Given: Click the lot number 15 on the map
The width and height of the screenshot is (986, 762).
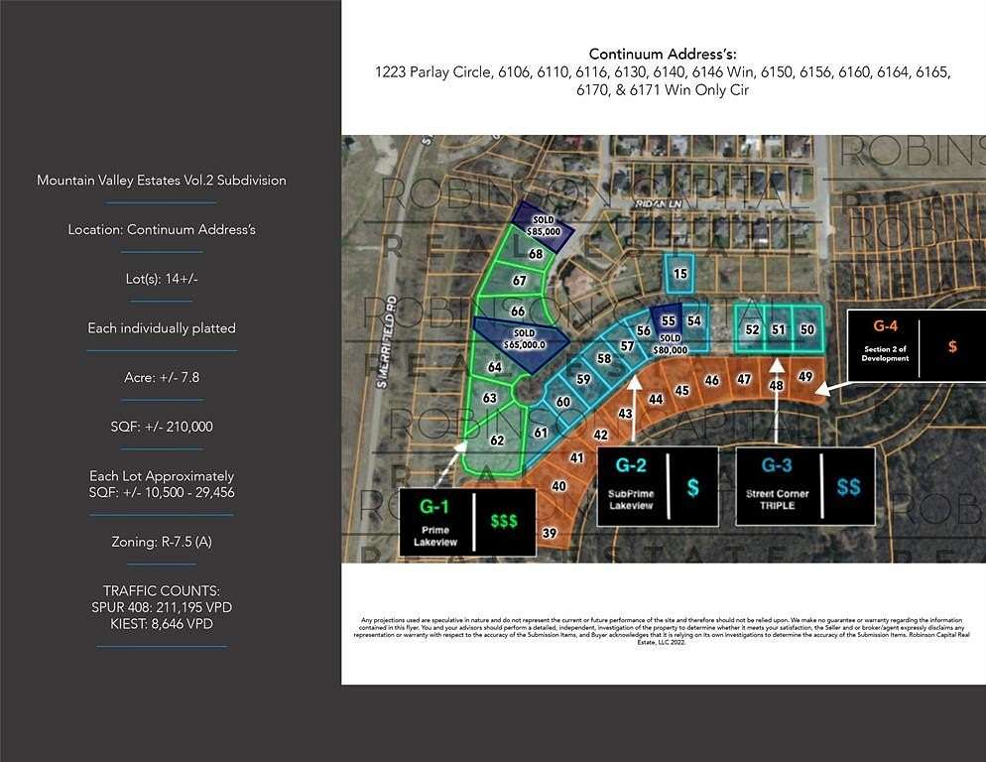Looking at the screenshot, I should (679, 274).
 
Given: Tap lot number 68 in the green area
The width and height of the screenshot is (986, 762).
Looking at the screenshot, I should (536, 255).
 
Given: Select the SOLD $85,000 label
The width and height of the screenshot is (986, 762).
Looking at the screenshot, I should (544, 225).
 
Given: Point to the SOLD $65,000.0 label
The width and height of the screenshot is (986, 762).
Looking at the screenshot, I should (524, 339).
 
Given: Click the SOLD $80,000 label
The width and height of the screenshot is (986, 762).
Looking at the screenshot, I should (672, 343).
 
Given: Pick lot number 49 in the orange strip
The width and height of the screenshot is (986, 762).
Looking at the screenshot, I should (805, 376).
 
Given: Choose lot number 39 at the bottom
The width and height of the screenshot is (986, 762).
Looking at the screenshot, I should (549, 533).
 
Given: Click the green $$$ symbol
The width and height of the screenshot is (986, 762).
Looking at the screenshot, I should (503, 521).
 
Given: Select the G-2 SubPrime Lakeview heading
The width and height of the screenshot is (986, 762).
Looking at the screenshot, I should (632, 465).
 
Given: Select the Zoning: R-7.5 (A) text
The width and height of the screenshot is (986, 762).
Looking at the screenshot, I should (162, 542).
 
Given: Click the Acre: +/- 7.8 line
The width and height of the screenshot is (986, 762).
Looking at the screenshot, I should (162, 377).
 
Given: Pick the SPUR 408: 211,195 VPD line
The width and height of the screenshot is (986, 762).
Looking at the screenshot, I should (162, 606).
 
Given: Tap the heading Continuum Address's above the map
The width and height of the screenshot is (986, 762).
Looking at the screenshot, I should (663, 54).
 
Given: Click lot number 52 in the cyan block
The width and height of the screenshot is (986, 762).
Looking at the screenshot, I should (753, 329).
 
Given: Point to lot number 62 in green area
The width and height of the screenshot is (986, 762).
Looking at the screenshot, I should (497, 440).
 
